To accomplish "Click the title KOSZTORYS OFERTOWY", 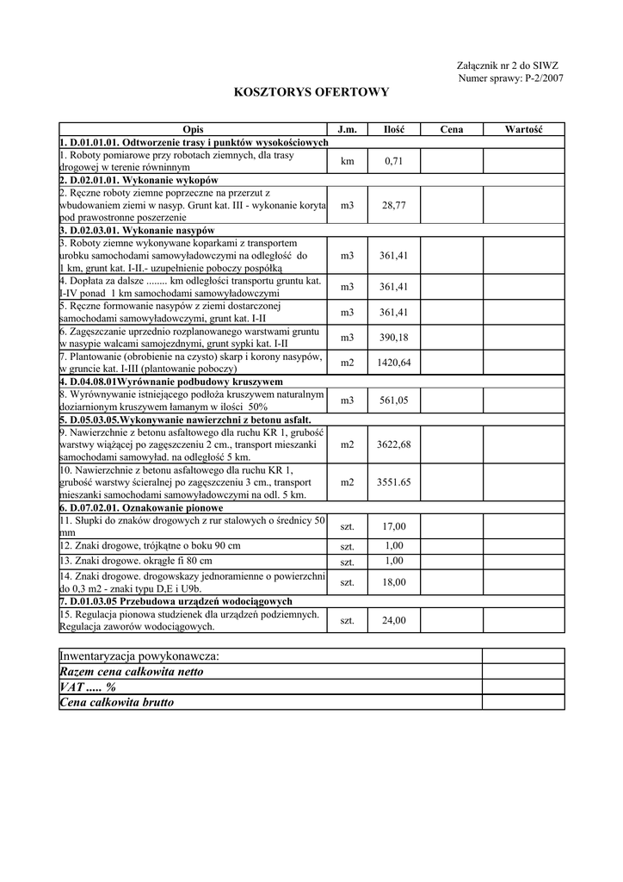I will click(311, 91).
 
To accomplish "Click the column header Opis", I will click(193, 129).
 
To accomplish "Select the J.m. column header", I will click(347, 129).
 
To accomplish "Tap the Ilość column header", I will click(393, 129).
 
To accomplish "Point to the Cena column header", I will click(451, 129).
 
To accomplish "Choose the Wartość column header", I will click(522, 129).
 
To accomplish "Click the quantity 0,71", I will click(393, 161).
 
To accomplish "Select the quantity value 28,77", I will click(393, 206).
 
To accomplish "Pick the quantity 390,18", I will click(393, 337).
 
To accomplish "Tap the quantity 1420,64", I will click(393, 363).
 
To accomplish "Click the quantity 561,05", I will click(393, 401).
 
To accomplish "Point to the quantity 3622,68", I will click(393, 444).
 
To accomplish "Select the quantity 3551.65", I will click(393, 482).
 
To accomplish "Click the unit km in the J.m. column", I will click(347, 161).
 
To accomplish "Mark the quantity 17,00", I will click(393, 526).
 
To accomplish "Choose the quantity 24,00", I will click(393, 620).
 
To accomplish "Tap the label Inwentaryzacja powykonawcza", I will click(139, 656).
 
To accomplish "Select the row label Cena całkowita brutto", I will click(116, 703).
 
